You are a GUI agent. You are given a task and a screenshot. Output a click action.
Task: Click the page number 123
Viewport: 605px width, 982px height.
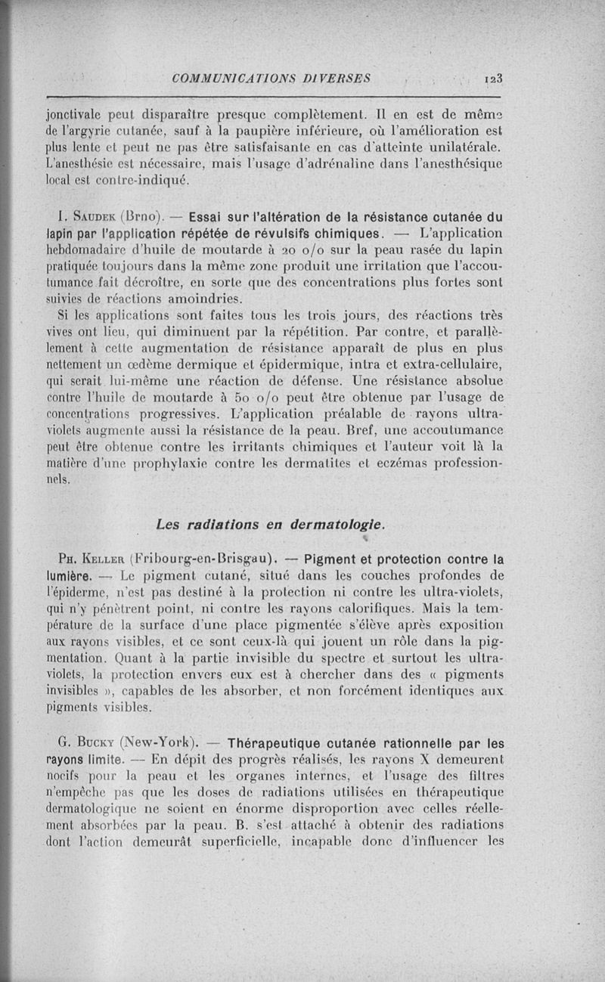495,77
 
